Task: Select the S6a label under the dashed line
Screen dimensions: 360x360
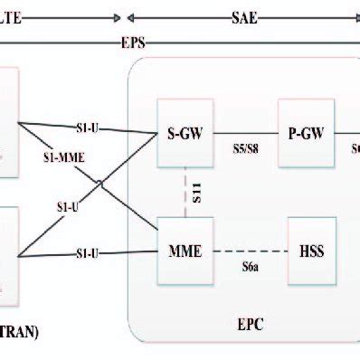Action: [250, 268]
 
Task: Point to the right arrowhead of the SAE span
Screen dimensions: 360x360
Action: [355, 17]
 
